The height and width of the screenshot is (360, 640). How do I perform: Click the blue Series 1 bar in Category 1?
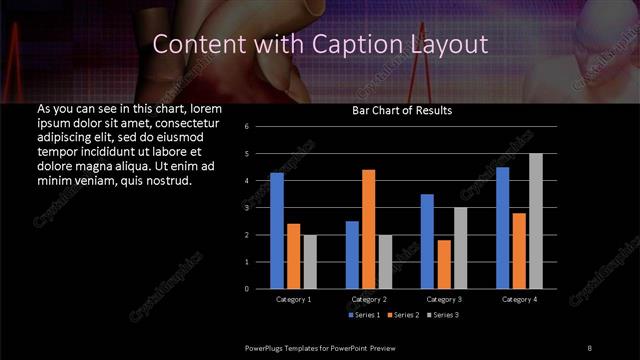(277, 231)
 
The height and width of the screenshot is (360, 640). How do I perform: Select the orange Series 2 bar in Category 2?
(369, 229)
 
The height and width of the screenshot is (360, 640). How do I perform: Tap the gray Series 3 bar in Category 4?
(536, 221)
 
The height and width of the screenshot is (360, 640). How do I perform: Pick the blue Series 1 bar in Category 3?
(427, 241)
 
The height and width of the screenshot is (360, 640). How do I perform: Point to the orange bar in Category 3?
(444, 264)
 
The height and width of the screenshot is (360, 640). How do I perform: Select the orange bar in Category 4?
(519, 250)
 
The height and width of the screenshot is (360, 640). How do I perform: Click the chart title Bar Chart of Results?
(401, 110)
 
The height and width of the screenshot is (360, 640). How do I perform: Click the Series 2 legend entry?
(405, 315)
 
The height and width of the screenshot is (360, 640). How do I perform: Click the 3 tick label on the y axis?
(259, 208)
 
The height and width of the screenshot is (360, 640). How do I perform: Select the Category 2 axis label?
(369, 299)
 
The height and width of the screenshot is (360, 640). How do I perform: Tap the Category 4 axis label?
(519, 299)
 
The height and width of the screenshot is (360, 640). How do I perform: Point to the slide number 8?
(589, 347)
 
